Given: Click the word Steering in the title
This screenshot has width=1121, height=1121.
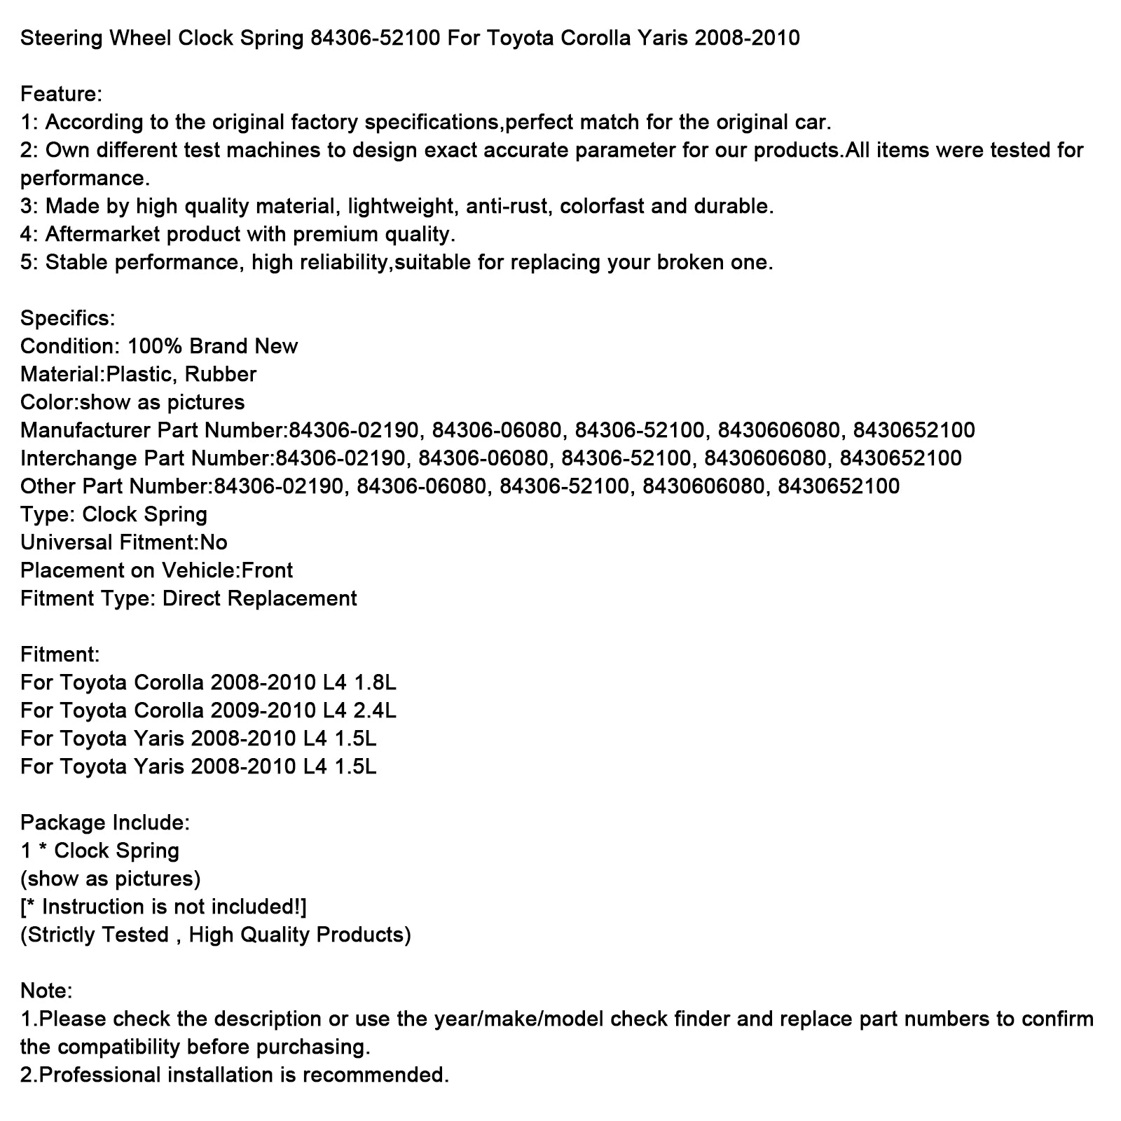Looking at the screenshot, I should pos(61,38).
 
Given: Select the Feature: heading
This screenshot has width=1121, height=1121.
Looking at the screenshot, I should pos(62,94).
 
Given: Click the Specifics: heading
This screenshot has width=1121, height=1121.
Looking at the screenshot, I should pos(67,318).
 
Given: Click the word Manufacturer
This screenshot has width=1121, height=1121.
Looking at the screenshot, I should pos(85,430).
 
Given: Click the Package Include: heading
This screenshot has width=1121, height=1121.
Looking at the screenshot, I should pos(105,823).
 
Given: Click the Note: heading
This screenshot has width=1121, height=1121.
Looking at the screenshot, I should pos(46,991).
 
